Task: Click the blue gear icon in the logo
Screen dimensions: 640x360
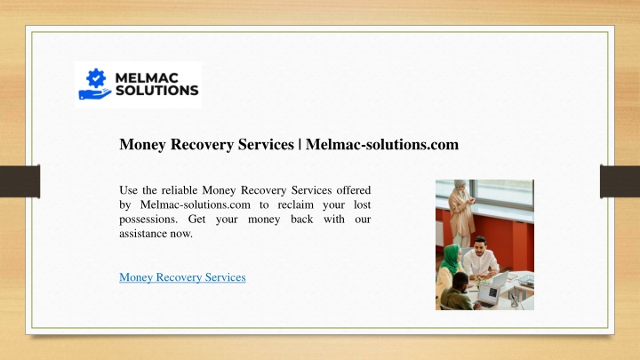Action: click(96, 77)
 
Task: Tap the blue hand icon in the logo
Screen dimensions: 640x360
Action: click(95, 94)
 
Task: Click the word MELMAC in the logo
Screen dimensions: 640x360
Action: click(147, 78)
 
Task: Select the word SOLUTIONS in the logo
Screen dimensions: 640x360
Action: click(156, 90)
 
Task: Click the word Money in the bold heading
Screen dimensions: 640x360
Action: click(142, 145)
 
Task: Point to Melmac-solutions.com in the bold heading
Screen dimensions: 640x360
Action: click(382, 144)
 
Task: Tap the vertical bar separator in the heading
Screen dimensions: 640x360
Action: click(300, 145)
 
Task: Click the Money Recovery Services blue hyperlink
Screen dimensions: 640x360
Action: click(182, 277)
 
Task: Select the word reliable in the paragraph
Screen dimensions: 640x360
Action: click(180, 190)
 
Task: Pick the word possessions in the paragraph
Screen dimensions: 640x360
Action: click(148, 220)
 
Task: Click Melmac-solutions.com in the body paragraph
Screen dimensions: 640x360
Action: click(195, 204)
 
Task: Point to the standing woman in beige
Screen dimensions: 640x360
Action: click(462, 212)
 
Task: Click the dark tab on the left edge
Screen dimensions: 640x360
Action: click(20, 181)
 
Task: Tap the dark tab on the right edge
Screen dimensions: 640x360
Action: click(620, 181)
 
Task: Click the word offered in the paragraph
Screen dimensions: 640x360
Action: click(354, 190)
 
